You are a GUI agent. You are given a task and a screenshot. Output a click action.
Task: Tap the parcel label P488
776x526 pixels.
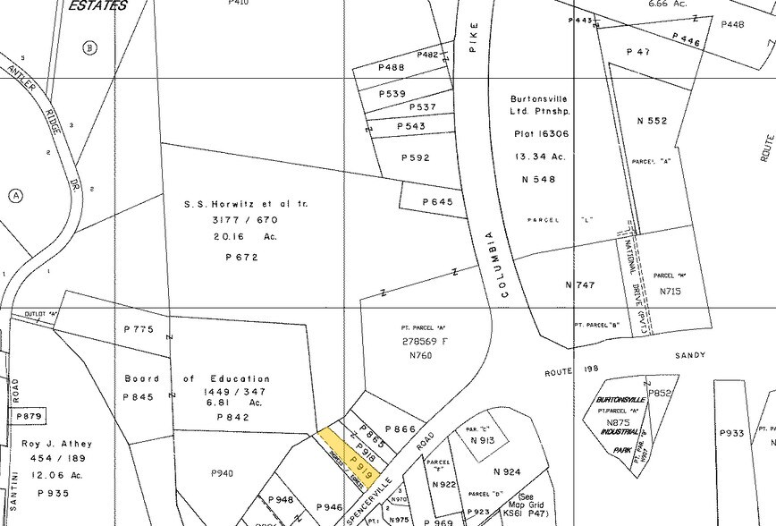(x=392, y=67)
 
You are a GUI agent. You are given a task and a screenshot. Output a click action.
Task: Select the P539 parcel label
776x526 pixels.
(x=392, y=93)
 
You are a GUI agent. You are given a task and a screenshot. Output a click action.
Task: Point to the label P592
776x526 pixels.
(x=416, y=157)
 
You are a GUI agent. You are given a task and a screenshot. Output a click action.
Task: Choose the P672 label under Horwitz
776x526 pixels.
(x=242, y=257)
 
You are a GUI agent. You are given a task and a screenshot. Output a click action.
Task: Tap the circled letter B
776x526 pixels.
(x=89, y=47)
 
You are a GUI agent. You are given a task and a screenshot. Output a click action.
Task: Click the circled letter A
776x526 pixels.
(x=15, y=195)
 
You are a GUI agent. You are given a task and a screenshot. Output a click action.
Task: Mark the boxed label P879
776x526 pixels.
(x=30, y=416)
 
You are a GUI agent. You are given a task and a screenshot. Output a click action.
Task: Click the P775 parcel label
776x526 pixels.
(x=139, y=329)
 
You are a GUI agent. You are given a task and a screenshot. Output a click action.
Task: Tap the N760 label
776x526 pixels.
(x=420, y=355)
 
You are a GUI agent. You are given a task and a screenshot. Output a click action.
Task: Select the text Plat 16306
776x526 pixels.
(x=541, y=133)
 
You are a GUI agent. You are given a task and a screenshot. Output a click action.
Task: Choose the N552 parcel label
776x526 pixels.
(x=652, y=120)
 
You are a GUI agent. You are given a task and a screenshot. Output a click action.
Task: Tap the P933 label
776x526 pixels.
(x=732, y=433)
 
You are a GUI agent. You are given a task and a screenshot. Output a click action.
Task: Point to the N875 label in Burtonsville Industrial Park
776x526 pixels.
(x=619, y=422)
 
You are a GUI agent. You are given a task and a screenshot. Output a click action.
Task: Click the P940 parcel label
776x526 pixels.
(x=222, y=472)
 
